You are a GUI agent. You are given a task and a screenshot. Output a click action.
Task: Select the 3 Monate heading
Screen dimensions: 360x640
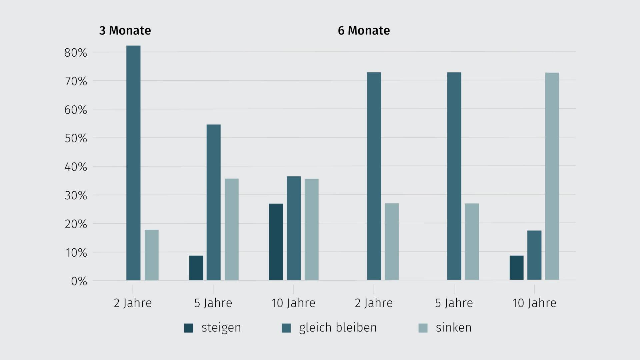pyautogui.click(x=125, y=31)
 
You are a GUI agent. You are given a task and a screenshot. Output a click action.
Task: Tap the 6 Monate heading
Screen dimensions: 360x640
pyautogui.click(x=364, y=31)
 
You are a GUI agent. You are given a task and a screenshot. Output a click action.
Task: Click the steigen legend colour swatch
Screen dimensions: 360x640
pyautogui.click(x=189, y=328)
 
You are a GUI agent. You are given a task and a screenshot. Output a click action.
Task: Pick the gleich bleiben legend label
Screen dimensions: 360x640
pyautogui.click(x=338, y=328)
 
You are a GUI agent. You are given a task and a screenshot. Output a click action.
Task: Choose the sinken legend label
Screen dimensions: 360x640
pyautogui.click(x=453, y=328)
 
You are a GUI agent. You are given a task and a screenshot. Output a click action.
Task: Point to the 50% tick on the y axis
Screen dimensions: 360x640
pyautogui.click(x=76, y=138)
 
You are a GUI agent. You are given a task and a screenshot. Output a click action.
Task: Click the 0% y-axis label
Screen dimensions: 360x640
pyautogui.click(x=79, y=281)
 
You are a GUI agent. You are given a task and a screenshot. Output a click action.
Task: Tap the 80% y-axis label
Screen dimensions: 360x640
pyautogui.click(x=76, y=53)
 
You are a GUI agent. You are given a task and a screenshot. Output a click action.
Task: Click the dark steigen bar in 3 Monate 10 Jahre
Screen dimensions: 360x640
pyautogui.click(x=276, y=242)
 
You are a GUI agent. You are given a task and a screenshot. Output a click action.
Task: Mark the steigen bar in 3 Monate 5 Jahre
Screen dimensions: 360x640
pyautogui.click(x=196, y=268)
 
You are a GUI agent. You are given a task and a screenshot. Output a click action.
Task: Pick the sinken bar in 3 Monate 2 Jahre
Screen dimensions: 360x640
pyautogui.click(x=152, y=255)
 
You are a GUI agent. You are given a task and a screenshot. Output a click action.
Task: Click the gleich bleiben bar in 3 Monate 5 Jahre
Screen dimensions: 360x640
pyautogui.click(x=214, y=202)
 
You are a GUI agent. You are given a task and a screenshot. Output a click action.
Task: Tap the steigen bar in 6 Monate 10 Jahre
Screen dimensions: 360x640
pyautogui.click(x=516, y=268)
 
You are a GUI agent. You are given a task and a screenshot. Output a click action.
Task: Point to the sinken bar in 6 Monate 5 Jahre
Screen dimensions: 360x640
pyautogui.click(x=472, y=242)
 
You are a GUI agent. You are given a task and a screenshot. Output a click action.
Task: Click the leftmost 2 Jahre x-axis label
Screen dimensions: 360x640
pyautogui.click(x=133, y=303)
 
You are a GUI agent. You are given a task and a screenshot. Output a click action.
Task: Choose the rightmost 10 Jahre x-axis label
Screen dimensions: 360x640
pyautogui.click(x=534, y=303)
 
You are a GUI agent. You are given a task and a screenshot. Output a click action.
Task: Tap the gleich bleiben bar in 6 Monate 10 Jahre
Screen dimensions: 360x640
pyautogui.click(x=534, y=255)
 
